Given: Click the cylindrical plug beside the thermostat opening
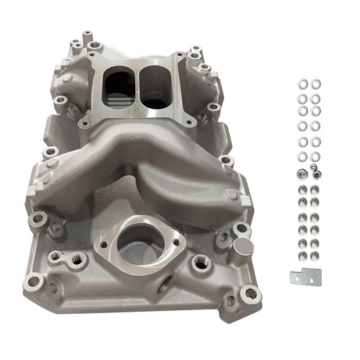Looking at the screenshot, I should point(242,248).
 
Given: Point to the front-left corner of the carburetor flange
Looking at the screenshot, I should point(87,113).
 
